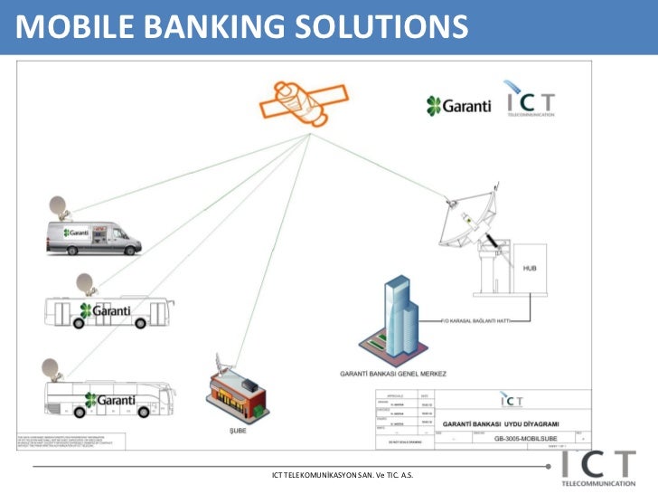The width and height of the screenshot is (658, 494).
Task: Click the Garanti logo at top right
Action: (459, 105)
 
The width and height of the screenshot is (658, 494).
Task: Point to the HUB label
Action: (531, 269)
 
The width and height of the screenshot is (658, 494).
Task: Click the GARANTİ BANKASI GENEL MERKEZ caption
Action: (392, 373)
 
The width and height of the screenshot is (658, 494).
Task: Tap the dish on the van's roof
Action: (59, 207)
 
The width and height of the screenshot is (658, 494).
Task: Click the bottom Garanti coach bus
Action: (108, 398)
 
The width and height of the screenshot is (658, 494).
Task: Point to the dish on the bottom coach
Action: (52, 367)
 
